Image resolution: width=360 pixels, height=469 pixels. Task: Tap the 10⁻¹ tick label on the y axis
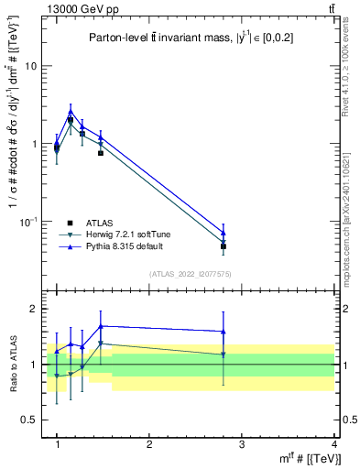[x=27, y=222]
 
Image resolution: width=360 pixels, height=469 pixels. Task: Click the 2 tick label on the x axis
[x=149, y=444]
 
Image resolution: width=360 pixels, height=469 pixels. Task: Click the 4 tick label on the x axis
[x=334, y=444]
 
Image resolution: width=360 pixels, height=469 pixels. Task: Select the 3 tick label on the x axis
[x=242, y=444]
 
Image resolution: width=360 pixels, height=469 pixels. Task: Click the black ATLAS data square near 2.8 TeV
[x=224, y=246]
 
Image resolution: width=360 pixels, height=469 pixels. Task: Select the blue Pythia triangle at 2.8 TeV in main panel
[x=224, y=233]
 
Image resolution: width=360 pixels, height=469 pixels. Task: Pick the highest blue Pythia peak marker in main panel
[x=71, y=112]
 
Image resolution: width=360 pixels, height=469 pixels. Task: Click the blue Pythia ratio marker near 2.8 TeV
[x=224, y=332]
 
